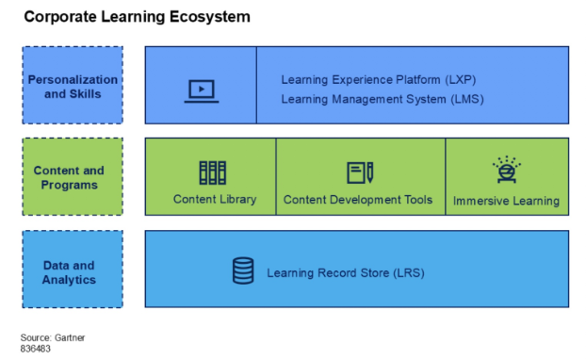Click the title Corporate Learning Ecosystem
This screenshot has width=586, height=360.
(137, 17)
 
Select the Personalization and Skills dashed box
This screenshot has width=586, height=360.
(73, 86)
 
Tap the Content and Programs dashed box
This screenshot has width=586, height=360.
(73, 177)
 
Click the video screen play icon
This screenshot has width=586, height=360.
(201, 90)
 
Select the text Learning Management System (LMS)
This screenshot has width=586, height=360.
(383, 98)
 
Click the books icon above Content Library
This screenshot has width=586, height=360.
(212, 172)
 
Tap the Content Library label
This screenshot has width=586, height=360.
(214, 199)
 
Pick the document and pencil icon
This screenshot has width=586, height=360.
(360, 172)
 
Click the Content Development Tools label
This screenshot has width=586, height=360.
(358, 199)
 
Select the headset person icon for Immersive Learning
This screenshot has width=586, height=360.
(506, 171)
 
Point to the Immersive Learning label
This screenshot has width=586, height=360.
(506, 200)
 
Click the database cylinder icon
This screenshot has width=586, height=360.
(243, 271)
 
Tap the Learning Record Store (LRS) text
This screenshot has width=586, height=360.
(346, 273)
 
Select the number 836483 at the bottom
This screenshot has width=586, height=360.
(36, 348)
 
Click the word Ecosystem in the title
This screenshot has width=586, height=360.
(216, 17)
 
